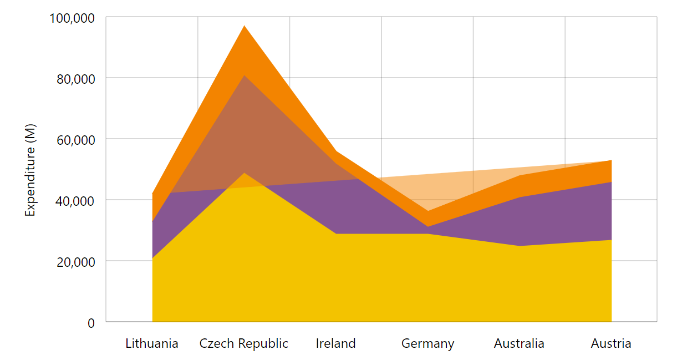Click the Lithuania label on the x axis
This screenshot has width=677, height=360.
point(152,343)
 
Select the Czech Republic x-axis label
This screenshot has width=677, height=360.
point(244,343)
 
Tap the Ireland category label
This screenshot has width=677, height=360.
point(335,343)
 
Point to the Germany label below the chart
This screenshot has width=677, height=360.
point(427,343)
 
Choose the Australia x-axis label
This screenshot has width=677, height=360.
point(519,343)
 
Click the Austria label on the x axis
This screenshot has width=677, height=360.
point(611,343)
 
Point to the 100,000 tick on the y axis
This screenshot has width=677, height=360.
point(72,18)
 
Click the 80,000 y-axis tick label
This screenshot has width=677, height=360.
point(75,78)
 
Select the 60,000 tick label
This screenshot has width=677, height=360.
point(75,139)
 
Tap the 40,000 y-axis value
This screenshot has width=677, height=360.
point(75,200)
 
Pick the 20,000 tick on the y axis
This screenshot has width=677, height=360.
point(75,261)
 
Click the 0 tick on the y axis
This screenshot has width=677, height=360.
point(91,322)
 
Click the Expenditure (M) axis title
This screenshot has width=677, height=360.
point(30,170)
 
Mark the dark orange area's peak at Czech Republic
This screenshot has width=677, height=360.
point(244,26)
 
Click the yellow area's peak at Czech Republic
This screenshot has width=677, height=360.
point(244,173)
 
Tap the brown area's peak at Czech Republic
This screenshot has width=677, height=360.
point(244,75)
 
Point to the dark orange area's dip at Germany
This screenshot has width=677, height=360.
point(427,211)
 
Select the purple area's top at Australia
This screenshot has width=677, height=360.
point(519,197)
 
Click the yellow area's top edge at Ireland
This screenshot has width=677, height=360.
point(335,234)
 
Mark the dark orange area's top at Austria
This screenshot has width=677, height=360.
point(611,160)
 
